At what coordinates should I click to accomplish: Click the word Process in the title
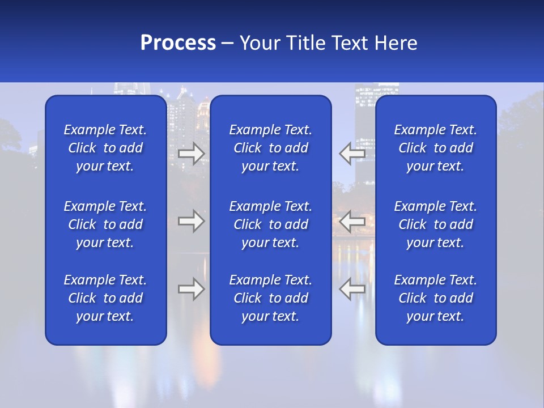coord(178,43)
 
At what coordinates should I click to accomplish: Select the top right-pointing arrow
coord(192,154)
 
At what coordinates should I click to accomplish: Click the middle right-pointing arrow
coord(192,221)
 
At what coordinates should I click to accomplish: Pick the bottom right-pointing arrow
coord(192,289)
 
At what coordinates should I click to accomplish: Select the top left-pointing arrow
coord(352,154)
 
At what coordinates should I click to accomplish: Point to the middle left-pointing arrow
coord(352,221)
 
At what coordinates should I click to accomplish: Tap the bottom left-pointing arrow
coord(352,289)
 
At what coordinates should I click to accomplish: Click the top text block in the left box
coord(105,148)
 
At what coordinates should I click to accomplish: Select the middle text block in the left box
coord(105,224)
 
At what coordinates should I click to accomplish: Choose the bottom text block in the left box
coord(105,298)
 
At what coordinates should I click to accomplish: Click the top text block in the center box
coord(271,148)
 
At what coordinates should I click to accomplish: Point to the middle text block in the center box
coord(271,224)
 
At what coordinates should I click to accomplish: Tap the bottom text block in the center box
coord(271,298)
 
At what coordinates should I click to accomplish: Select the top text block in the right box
coord(436,148)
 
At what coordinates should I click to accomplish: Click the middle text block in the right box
coord(436,224)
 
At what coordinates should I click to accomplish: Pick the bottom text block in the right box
coord(436,298)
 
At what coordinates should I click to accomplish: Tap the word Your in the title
coord(258,43)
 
